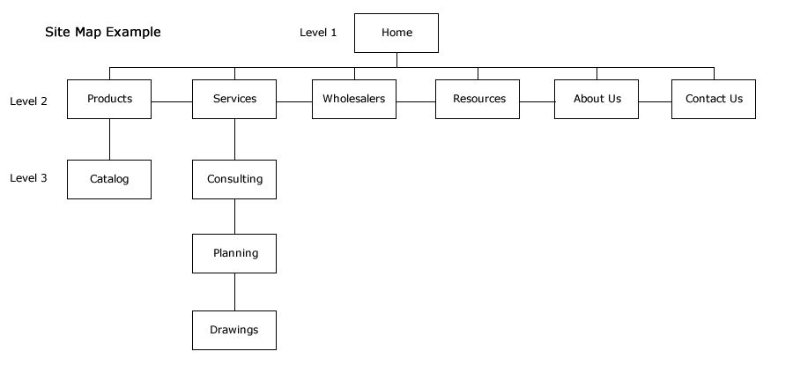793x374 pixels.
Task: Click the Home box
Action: (x=396, y=33)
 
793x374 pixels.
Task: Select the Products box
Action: (x=109, y=99)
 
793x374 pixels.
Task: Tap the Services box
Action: (x=234, y=99)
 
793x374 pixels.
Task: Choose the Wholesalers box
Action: (x=354, y=99)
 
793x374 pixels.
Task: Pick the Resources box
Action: (x=478, y=99)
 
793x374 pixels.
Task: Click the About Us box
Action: (x=597, y=99)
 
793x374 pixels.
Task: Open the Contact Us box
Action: (x=714, y=99)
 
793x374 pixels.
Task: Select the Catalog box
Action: (x=109, y=180)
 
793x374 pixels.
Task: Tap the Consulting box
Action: (x=234, y=180)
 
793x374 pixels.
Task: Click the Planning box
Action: (x=234, y=253)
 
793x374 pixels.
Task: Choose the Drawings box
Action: (x=234, y=331)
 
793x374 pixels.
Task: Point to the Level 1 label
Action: (x=318, y=33)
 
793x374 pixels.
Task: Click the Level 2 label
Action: (x=28, y=101)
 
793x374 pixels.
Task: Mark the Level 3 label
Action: (x=28, y=178)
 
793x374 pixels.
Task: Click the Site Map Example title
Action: (x=103, y=32)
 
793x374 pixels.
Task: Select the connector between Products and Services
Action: (x=172, y=101)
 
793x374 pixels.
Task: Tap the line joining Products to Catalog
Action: (x=110, y=139)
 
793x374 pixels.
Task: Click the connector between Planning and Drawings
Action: (x=234, y=292)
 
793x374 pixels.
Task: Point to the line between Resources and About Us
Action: (x=537, y=101)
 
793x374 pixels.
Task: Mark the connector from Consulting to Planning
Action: (x=234, y=217)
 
